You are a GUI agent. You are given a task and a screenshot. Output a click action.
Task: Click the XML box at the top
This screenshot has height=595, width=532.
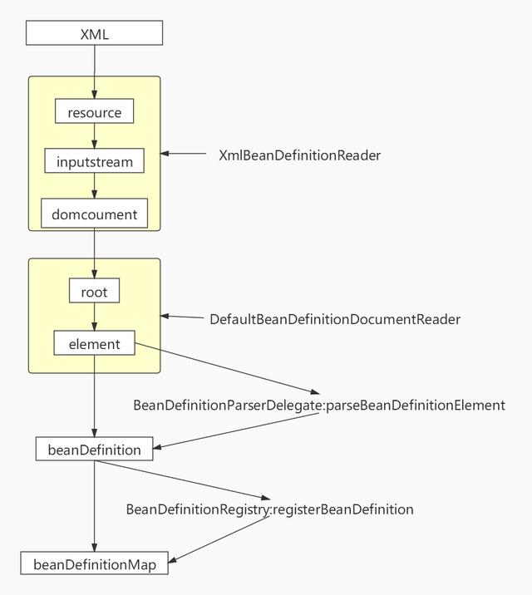tap(94, 34)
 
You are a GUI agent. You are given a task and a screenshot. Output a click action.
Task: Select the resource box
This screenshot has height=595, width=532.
tap(94, 112)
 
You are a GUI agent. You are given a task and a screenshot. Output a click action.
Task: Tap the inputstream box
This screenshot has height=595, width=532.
tap(94, 161)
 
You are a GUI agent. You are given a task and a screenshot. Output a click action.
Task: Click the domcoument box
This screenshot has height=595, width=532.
tap(94, 214)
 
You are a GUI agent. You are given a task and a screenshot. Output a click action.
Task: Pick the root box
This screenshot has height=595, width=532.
tap(94, 292)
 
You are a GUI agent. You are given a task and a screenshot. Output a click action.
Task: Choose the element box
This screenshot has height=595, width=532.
tap(94, 343)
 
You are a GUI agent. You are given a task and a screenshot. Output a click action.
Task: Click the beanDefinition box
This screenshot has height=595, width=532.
tap(94, 450)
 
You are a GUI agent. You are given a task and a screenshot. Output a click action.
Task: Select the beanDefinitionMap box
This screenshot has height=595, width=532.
tap(94, 564)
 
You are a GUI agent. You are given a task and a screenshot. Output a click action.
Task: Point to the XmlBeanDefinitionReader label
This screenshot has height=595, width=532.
tap(299, 155)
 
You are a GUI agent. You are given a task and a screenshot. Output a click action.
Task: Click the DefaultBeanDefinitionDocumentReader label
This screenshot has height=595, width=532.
tap(334, 319)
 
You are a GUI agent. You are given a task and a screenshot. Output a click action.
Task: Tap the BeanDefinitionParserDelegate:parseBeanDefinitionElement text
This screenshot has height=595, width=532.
tap(319, 406)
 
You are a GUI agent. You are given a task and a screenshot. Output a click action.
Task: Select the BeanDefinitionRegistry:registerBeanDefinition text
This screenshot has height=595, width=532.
tap(269, 509)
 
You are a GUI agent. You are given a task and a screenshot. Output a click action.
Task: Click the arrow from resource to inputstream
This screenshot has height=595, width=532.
tap(94, 136)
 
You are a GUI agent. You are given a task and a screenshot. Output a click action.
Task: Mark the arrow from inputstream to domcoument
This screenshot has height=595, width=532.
tap(94, 186)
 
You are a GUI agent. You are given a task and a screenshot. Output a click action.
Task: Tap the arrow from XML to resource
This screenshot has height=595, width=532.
tap(94, 71)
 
